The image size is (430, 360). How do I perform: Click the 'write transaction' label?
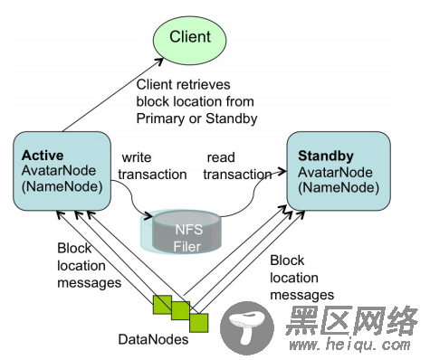(x=153, y=166)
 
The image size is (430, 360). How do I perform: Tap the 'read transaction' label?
(x=240, y=166)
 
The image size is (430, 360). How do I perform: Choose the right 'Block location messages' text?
(x=301, y=277)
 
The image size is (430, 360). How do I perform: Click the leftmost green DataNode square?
(x=163, y=303)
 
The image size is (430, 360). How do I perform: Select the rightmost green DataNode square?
(x=199, y=320)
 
